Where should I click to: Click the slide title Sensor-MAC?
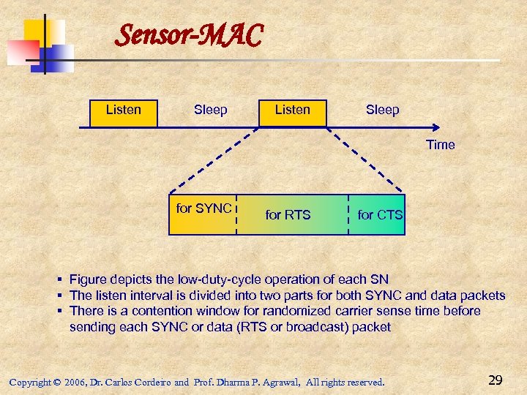190,34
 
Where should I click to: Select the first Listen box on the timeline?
123,111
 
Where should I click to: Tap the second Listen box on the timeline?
292,111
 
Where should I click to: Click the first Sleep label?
210,110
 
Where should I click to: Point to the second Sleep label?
382,110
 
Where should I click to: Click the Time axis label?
440,145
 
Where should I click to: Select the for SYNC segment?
203,214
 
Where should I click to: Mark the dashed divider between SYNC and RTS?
236,214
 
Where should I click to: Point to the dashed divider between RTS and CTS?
348,214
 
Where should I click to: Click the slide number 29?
495,380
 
